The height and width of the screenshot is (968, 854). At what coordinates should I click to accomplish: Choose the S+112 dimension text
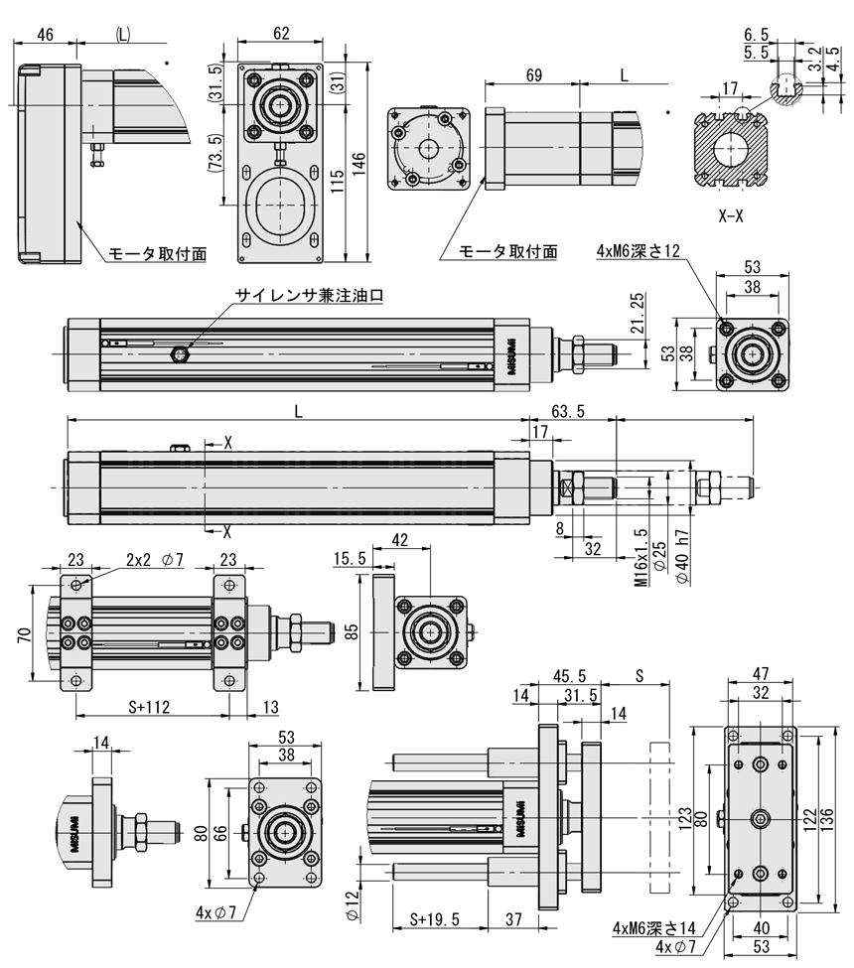151,707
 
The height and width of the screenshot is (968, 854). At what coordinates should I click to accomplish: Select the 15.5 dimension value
350,560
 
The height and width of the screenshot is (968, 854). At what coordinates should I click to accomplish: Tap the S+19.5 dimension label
436,918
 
